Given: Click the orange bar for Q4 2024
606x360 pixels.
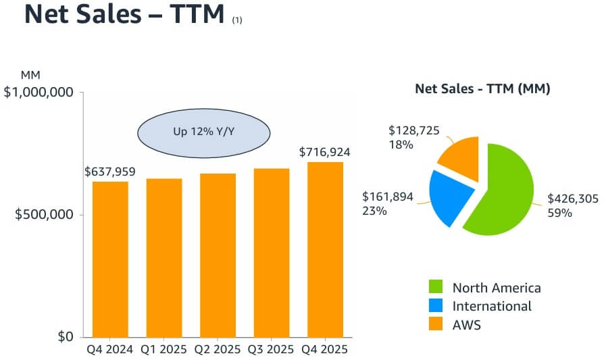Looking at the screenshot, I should pyautogui.click(x=110, y=259).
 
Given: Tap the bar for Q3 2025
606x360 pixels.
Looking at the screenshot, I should pyautogui.click(x=271, y=253).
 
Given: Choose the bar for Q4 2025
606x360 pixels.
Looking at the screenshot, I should pyautogui.click(x=325, y=249).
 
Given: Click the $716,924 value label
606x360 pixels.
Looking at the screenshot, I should pyautogui.click(x=326, y=152).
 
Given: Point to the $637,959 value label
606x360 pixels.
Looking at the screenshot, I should pyautogui.click(x=110, y=172).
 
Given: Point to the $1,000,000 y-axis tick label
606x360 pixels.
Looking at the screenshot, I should pyautogui.click(x=39, y=92).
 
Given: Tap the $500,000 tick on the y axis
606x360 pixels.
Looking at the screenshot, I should pyautogui.click(x=44, y=215).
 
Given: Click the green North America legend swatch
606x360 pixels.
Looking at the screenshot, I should pyautogui.click(x=436, y=288).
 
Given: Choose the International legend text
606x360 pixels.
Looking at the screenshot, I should pyautogui.click(x=492, y=306).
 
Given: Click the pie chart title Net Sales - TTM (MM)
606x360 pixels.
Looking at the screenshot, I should pyautogui.click(x=482, y=88).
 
